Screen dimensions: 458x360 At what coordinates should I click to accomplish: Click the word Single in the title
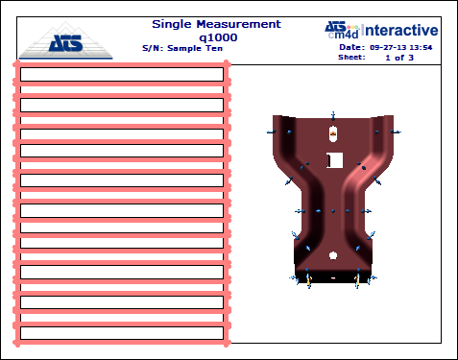pos(172,25)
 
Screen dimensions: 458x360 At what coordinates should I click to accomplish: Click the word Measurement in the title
pos(239,24)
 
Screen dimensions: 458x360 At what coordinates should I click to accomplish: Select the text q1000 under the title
pos(218,38)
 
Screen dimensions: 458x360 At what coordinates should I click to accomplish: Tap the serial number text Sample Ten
pos(195,48)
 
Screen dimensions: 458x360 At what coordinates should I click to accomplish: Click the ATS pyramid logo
pos(66,40)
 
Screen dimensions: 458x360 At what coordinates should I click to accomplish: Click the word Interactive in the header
pos(399,31)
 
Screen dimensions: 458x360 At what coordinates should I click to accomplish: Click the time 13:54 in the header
pos(421,48)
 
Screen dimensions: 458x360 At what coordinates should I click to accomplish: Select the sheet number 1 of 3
pos(399,58)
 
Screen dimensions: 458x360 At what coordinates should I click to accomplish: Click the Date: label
pos(352,47)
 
